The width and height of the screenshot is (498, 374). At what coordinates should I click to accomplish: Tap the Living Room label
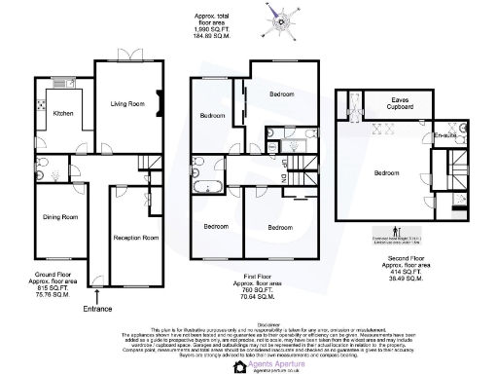125,103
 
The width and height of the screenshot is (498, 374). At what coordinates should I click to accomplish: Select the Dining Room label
60,217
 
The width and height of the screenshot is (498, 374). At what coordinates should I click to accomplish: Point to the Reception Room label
135,238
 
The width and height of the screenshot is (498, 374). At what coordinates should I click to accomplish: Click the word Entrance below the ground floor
97,309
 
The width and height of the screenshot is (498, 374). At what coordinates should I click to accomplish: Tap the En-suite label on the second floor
446,134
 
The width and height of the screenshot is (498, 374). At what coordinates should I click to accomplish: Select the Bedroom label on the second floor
385,173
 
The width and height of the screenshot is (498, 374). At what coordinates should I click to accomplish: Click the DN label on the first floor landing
285,178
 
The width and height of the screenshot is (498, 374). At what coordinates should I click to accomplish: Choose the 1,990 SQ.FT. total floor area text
210,31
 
